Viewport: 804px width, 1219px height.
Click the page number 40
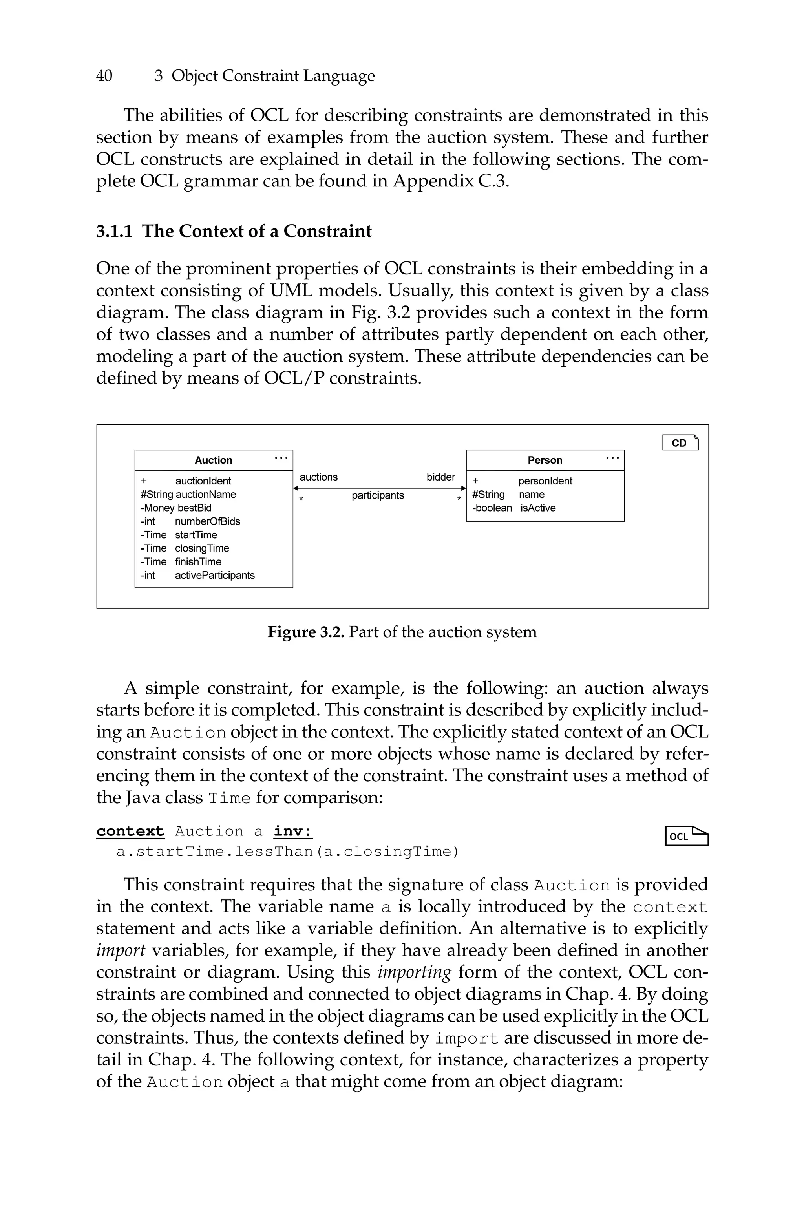(104, 76)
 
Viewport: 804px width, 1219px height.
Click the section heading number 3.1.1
(114, 231)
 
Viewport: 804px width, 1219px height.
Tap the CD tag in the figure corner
(680, 443)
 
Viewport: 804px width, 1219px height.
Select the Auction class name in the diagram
(213, 461)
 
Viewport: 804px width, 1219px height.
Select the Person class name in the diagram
(545, 461)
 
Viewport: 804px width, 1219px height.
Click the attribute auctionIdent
(203, 481)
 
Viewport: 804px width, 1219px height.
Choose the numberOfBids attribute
(207, 521)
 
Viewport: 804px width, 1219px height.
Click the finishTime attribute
(198, 562)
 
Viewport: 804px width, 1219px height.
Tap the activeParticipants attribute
(214, 575)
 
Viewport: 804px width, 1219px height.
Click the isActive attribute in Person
(537, 508)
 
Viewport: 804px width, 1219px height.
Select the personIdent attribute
(545, 481)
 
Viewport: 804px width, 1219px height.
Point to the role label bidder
(440, 477)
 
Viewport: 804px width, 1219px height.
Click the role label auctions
(318, 477)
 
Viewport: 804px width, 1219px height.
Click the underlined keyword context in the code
(130, 831)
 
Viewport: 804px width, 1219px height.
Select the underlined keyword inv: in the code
(293, 831)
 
